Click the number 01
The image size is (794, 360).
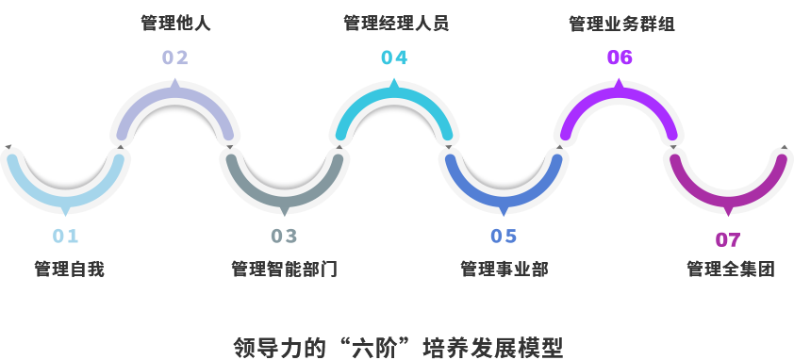point(66,236)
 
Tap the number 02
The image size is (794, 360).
point(175,58)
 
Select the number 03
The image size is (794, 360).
point(284,236)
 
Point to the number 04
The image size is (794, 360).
point(394,58)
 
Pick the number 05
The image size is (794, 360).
point(504,236)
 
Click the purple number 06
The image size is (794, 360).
point(620,58)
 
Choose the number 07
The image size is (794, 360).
point(728,240)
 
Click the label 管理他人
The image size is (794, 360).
point(175,23)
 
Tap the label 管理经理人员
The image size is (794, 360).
point(395,23)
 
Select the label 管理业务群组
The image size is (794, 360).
point(621,24)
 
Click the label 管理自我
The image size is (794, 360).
point(69,270)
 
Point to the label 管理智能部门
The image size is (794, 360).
point(284,270)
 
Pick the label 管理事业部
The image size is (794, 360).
point(505,270)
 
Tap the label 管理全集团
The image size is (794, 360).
point(731,270)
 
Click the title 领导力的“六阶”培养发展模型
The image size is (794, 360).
point(398,347)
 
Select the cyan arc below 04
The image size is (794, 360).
point(394,100)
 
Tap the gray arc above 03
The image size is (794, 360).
point(284,188)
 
